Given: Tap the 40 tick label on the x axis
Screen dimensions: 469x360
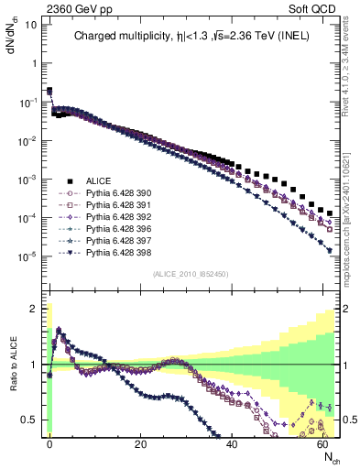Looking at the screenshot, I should pyautogui.click(x=232, y=443).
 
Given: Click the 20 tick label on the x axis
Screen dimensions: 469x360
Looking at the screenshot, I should pyautogui.click(x=140, y=443).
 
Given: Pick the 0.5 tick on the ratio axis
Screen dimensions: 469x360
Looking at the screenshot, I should pyautogui.click(x=28, y=420).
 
